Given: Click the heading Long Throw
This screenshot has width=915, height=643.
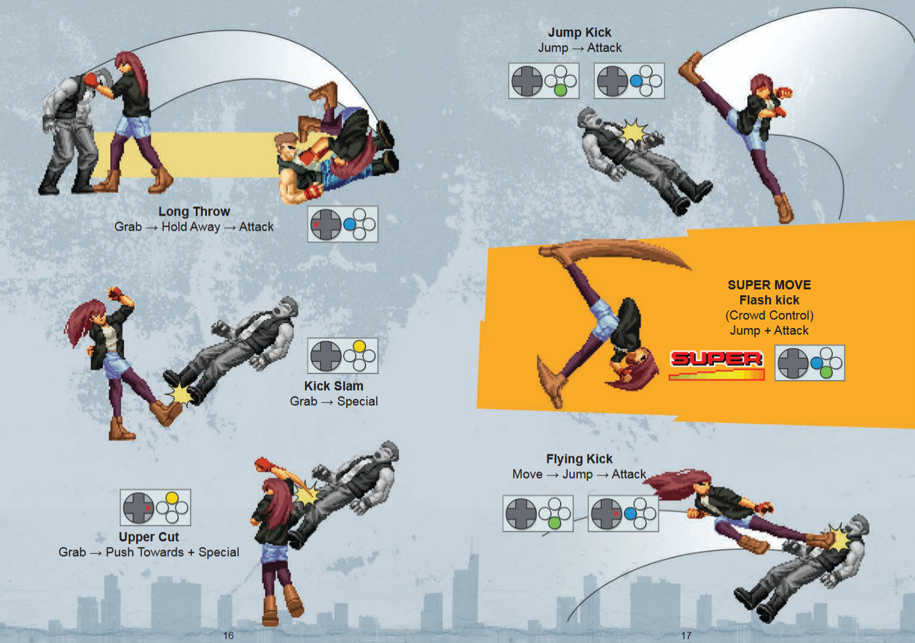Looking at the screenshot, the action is click(x=194, y=212).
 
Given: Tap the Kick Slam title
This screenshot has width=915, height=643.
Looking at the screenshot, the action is click(x=334, y=386).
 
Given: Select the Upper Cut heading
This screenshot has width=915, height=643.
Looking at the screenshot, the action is click(x=149, y=536).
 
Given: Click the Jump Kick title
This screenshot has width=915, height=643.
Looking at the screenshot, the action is click(x=580, y=32).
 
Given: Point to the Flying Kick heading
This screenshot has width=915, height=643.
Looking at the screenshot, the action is click(x=579, y=459).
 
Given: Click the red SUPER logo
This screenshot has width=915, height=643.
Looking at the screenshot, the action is click(x=716, y=359).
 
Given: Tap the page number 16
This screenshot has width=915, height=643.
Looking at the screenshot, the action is click(x=228, y=635).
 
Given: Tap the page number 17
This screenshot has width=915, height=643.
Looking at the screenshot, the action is click(x=686, y=635).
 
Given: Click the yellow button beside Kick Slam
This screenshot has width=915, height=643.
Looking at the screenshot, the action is click(x=359, y=346).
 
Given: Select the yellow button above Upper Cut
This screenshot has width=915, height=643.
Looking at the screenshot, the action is click(x=172, y=498).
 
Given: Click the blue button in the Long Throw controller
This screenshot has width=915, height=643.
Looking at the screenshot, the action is click(x=350, y=224).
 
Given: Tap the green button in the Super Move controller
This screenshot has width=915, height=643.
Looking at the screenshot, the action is click(x=826, y=372).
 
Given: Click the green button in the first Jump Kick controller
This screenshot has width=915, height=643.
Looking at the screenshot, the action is click(x=561, y=90).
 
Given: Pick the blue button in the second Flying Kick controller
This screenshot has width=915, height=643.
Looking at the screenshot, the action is click(x=630, y=514).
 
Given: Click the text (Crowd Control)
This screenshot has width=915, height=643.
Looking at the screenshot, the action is click(x=770, y=316).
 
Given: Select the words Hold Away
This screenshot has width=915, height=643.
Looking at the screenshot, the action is click(x=191, y=227).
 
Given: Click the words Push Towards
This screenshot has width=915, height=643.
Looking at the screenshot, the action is click(x=145, y=552).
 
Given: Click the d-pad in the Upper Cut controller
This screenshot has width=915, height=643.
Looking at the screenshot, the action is click(x=139, y=508).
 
